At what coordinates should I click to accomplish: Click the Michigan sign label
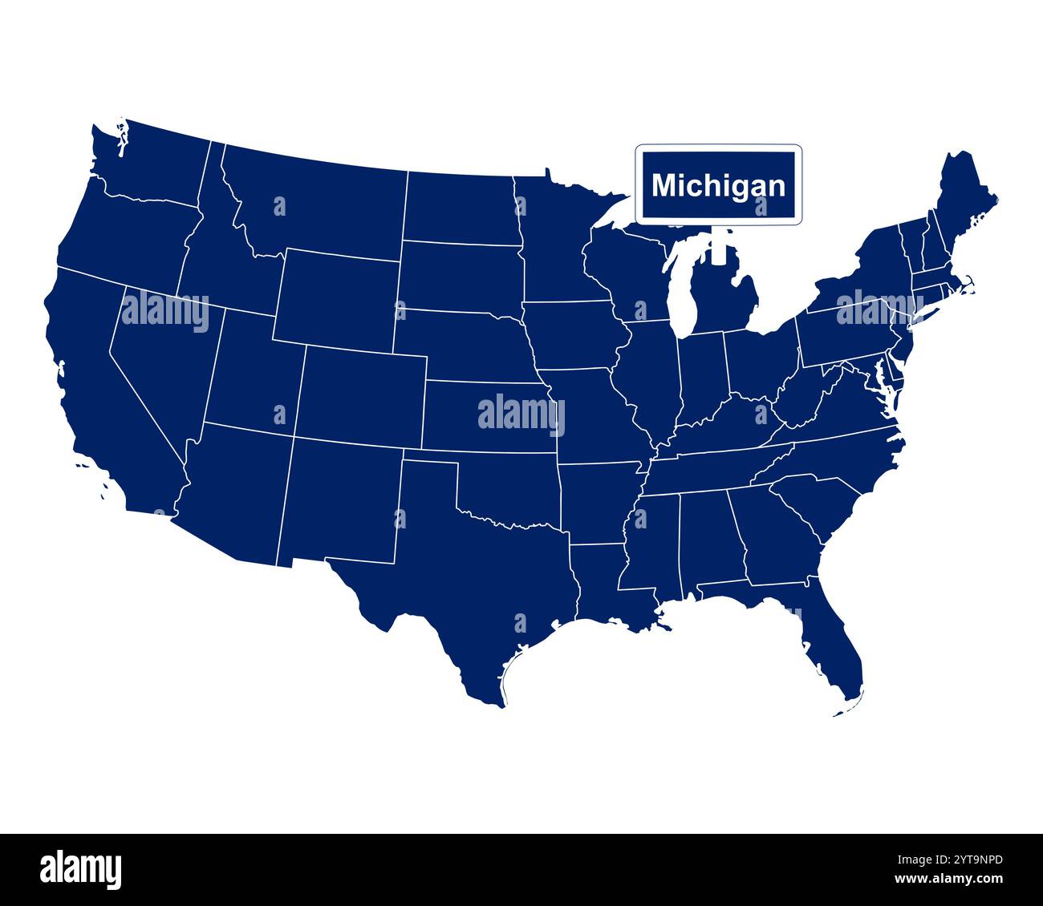coord(718,185)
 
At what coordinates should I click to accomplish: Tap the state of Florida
coord(834,641)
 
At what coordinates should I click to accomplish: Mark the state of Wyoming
coord(337,297)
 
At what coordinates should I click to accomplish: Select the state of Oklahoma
coord(513,489)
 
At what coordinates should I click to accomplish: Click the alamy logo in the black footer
coord(81,869)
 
